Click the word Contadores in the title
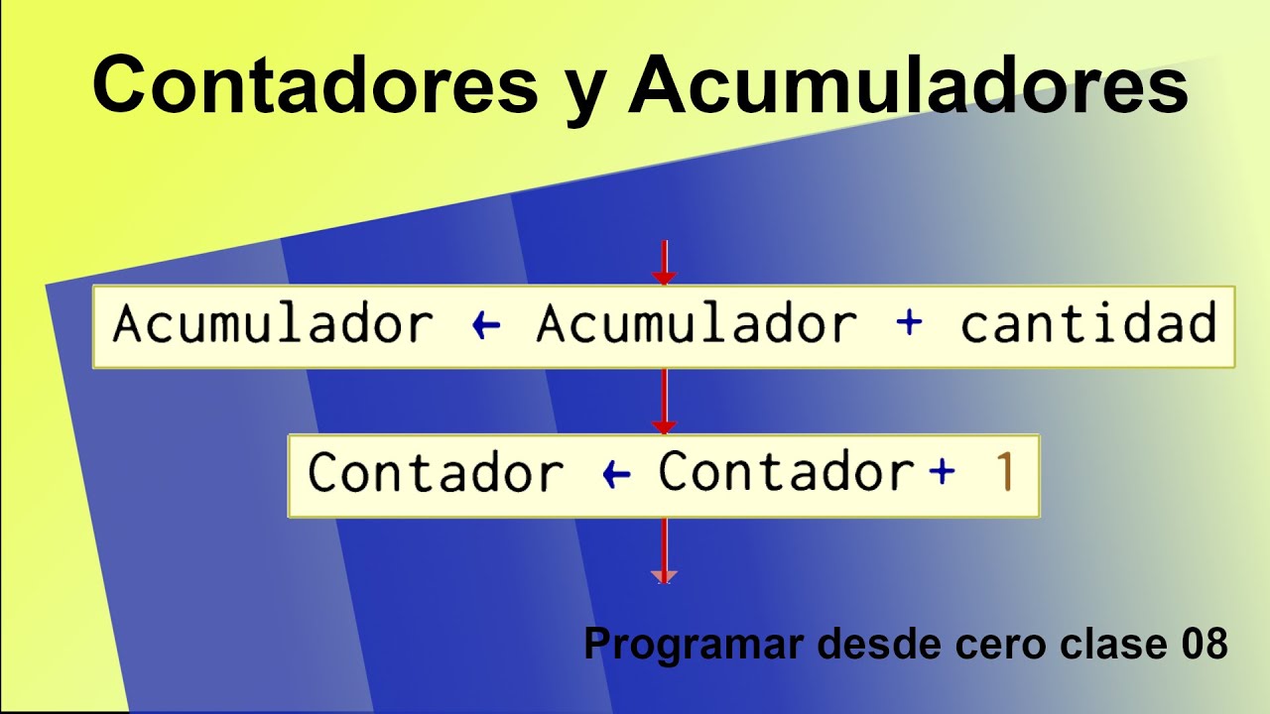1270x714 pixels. click(316, 85)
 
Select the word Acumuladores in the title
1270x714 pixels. click(908, 85)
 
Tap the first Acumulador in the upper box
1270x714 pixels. click(273, 323)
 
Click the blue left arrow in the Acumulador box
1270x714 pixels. click(486, 325)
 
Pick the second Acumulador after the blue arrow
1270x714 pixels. click(698, 323)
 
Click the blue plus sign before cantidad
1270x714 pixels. click(909, 323)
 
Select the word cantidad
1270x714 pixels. click(1088, 323)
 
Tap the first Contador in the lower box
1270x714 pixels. click(436, 471)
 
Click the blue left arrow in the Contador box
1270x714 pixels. click(616, 474)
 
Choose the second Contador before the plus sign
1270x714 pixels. click(787, 470)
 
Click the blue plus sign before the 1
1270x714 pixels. click(942, 472)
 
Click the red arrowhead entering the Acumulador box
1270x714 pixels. click(664, 278)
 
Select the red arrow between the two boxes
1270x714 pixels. click(664, 402)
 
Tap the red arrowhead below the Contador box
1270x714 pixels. click(664, 576)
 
